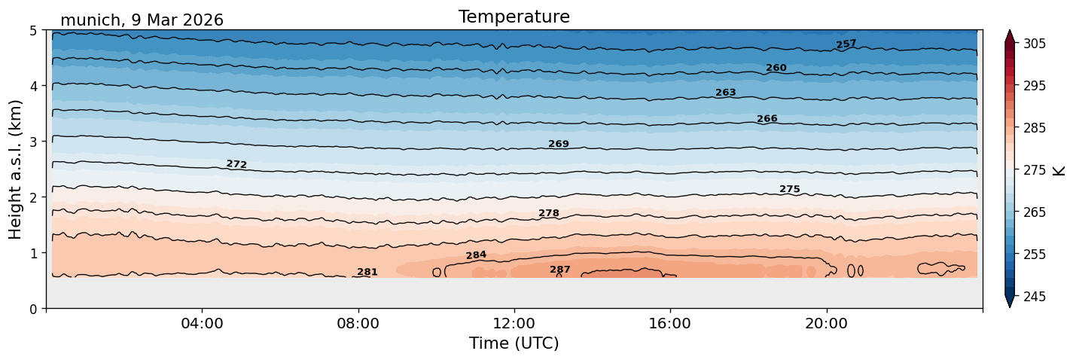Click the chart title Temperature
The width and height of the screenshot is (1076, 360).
coord(514,17)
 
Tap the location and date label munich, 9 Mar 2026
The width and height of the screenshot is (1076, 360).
coord(142,20)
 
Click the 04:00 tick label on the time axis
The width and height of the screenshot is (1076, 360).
coord(202,323)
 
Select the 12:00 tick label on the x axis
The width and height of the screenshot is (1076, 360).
coord(514,323)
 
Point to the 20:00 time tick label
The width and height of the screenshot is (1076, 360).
coord(826,323)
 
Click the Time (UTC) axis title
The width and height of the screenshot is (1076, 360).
coord(514,343)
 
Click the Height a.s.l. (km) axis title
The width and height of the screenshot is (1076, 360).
coord(15,169)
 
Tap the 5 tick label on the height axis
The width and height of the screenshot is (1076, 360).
coord(34,30)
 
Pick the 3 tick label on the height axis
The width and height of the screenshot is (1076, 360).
coord(34,142)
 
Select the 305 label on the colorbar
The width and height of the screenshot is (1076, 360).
coord(1034,44)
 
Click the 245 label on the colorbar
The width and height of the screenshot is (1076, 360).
coord(1034,297)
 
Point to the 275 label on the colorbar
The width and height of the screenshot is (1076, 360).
coord(1034,170)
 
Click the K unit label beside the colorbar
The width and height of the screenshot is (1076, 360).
coord(1059,171)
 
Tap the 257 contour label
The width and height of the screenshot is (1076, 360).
coord(846,44)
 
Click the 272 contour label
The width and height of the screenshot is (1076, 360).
coord(236,164)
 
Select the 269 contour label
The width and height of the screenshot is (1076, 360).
coord(559,144)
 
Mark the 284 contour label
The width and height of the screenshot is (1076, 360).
coord(476,255)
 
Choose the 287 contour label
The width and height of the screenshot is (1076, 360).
coord(559,270)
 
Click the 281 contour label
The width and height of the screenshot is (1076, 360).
coord(367,272)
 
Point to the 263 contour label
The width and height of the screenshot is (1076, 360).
coord(725,93)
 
